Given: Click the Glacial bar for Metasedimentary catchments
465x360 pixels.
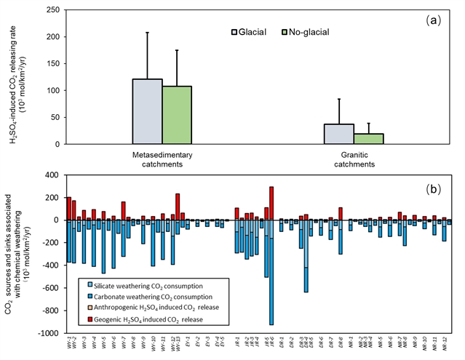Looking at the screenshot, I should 147,111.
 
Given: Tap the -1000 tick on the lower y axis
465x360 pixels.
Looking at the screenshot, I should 46,333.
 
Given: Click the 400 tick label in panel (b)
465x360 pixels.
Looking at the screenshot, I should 50,175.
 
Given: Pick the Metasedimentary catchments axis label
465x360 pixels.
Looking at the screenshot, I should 162,159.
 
